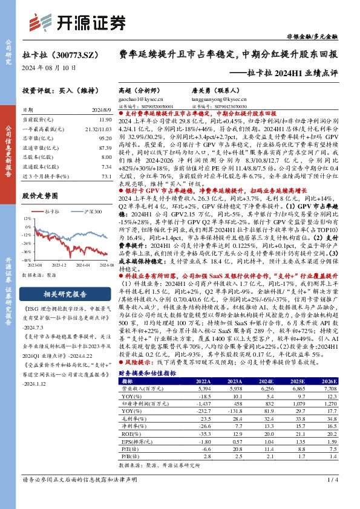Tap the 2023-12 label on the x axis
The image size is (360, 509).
(59, 264)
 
